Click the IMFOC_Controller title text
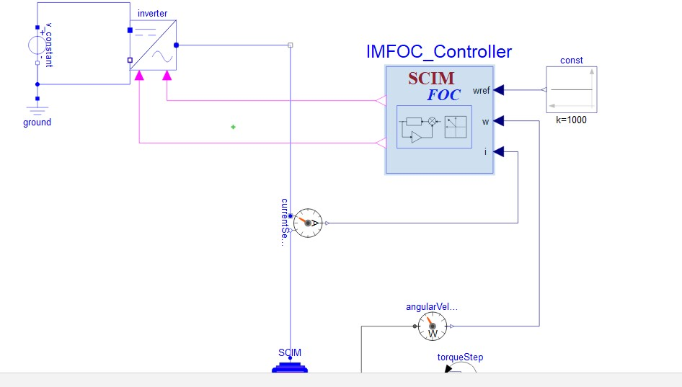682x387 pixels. [x=439, y=52]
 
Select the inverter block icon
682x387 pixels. [x=153, y=45]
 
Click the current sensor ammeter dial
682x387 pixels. [x=308, y=223]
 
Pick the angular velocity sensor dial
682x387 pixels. [x=433, y=326]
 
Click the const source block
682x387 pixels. [x=572, y=89]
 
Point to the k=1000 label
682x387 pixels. [x=571, y=120]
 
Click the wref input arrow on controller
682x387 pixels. [x=498, y=90]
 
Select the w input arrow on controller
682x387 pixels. [x=498, y=121]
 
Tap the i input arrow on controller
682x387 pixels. [x=498, y=151]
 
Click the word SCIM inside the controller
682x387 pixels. [x=431, y=79]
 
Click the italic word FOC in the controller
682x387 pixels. [x=443, y=95]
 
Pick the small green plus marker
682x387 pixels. [x=233, y=127]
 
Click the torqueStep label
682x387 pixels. [x=460, y=357]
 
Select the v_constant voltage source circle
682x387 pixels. [x=37, y=45]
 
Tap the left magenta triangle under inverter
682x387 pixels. [x=139, y=76]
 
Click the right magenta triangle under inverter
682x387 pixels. [x=167, y=76]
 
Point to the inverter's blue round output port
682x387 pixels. [x=176, y=45]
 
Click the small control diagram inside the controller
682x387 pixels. [x=434, y=127]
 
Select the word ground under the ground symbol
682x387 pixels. [x=37, y=123]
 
